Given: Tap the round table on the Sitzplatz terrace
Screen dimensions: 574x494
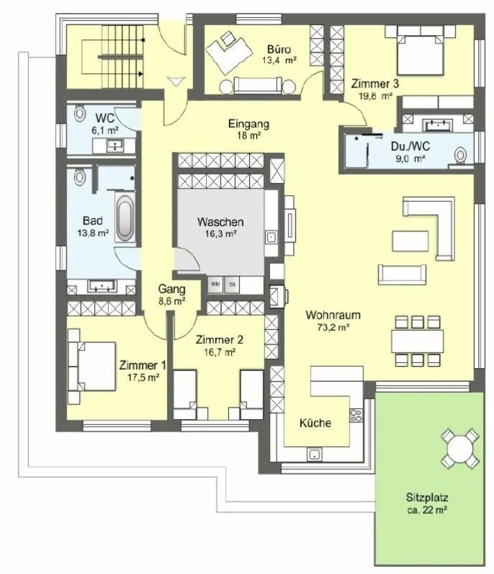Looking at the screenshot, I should pyautogui.click(x=458, y=448).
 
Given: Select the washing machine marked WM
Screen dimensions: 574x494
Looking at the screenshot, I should pyautogui.click(x=215, y=283).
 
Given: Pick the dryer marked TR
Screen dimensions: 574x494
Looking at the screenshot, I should pyautogui.click(x=232, y=283).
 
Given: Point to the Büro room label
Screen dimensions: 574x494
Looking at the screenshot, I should pyautogui.click(x=279, y=50).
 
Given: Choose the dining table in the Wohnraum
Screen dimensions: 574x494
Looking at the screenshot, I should pyautogui.click(x=417, y=339).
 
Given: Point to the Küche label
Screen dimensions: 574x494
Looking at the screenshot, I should pyautogui.click(x=316, y=423).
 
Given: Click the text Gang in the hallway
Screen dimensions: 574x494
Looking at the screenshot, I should pyautogui.click(x=172, y=289).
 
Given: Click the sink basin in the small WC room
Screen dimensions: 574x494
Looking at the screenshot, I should pyautogui.click(x=114, y=146).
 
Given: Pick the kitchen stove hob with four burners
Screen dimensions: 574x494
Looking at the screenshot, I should pyautogui.click(x=354, y=414).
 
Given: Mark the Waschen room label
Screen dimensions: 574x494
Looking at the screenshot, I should pyautogui.click(x=220, y=222).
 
